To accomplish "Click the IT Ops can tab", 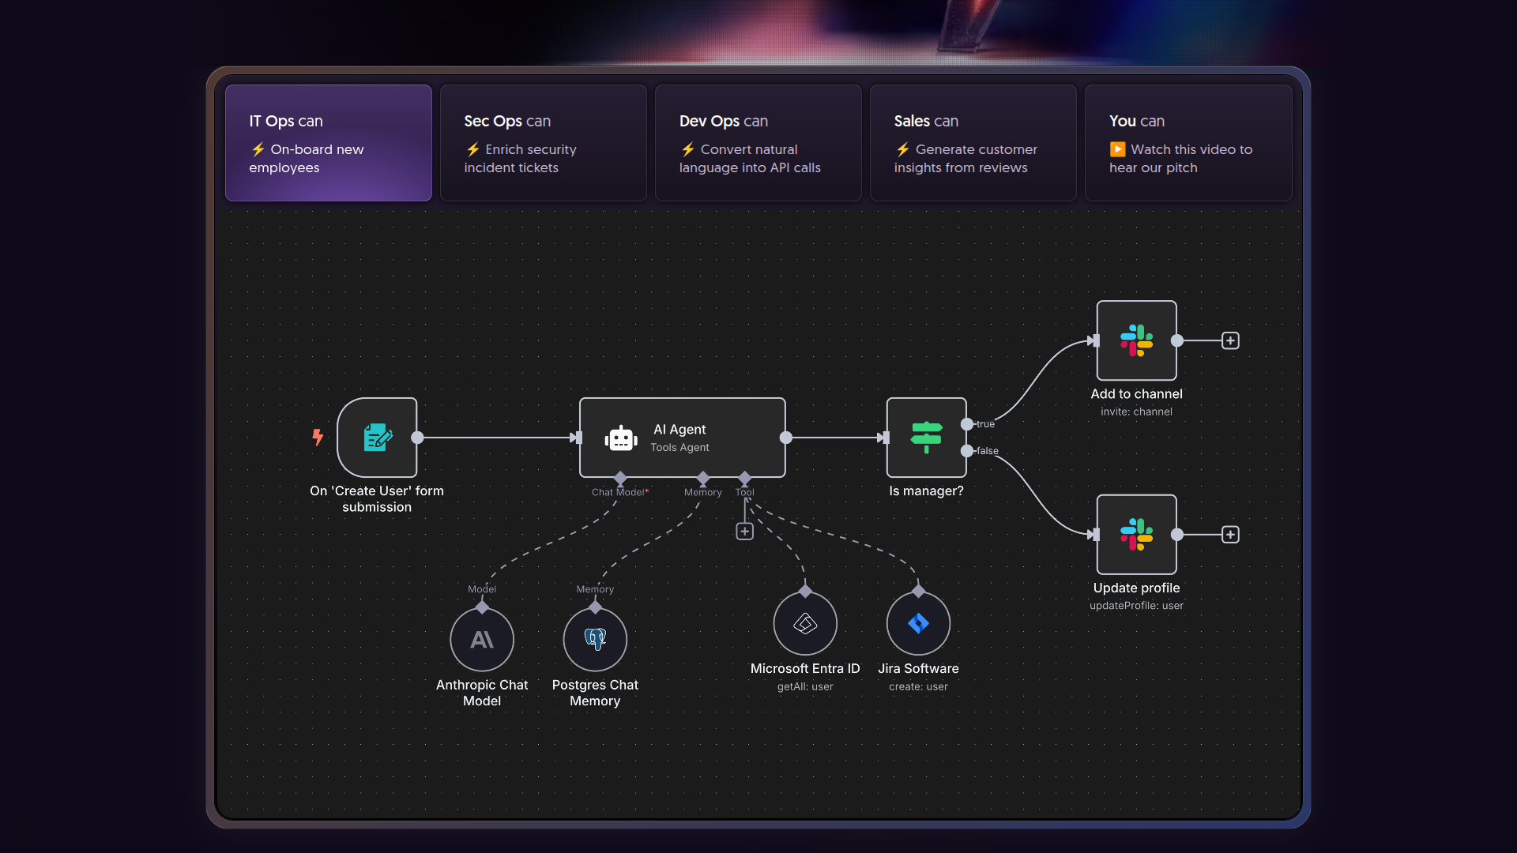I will [328, 143].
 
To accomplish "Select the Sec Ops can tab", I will [543, 143].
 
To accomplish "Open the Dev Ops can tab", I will [758, 143].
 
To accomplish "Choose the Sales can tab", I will [973, 143].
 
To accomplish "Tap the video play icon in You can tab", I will [1117, 149].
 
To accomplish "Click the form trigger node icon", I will [377, 438].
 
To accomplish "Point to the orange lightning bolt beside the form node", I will [318, 437].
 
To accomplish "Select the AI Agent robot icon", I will [621, 438].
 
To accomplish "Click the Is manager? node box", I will [926, 438].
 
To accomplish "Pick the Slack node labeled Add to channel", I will [1136, 340].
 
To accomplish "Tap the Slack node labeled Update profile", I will [1136, 535].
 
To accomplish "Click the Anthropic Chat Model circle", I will [482, 640].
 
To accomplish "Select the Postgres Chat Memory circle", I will [595, 640].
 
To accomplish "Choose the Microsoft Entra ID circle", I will [805, 623].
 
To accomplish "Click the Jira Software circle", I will [918, 623].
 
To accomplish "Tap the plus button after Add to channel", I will [1230, 340].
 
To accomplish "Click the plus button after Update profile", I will [1230, 535].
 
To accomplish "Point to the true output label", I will [985, 424].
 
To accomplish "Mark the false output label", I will [987, 451].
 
